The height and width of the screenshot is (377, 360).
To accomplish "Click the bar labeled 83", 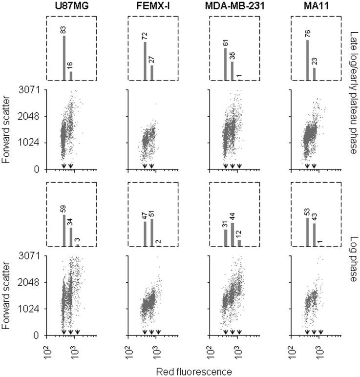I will tap(64, 58).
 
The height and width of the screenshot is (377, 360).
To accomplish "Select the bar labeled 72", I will tap(145, 61).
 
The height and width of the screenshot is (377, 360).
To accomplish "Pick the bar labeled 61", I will tap(225, 64).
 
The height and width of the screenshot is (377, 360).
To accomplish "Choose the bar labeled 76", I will tap(307, 60).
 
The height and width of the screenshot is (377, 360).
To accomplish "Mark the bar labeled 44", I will tap(232, 234).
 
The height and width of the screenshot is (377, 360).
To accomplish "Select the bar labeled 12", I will tap(239, 243).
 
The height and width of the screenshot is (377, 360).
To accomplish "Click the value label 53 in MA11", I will tap(307, 211).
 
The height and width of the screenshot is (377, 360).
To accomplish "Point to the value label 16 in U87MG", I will tap(71, 65).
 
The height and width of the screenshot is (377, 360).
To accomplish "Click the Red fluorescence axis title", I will tap(194, 371).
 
